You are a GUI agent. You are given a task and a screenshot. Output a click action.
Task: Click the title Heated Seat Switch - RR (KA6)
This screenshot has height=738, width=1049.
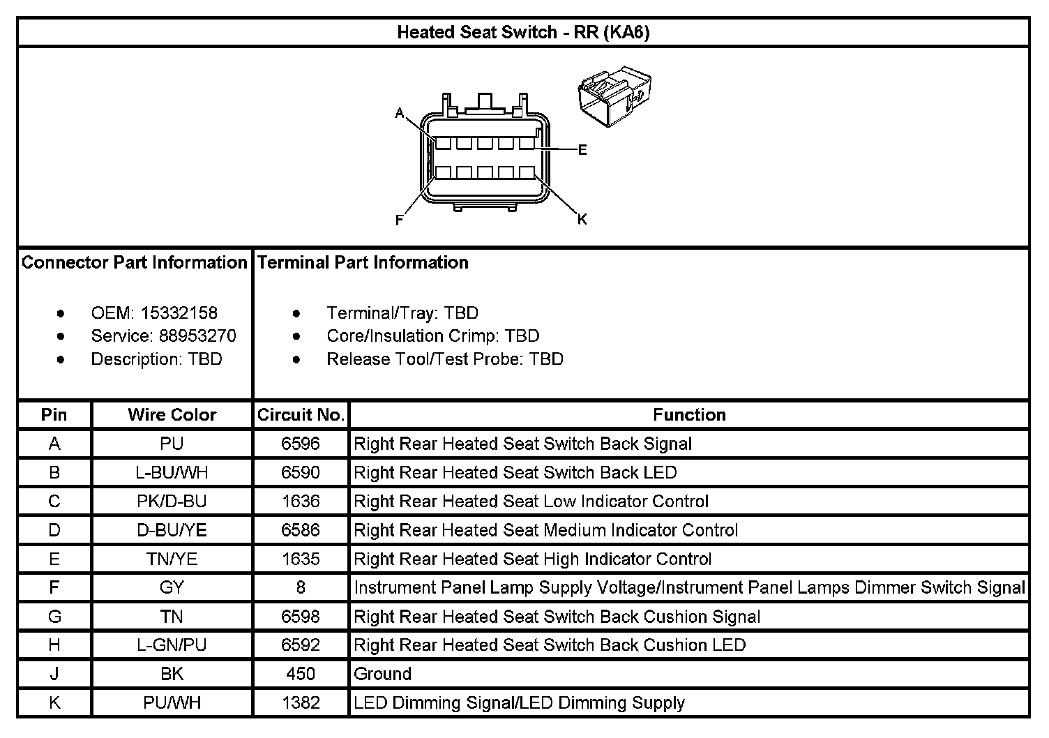tap(523, 32)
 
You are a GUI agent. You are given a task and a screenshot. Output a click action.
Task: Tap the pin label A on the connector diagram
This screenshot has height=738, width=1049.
tap(400, 113)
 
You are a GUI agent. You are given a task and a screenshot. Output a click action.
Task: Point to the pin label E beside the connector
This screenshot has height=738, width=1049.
tap(582, 150)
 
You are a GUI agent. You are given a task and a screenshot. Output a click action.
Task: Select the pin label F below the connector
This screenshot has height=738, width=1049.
tap(400, 220)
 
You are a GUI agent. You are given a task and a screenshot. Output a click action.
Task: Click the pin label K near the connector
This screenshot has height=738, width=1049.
tap(582, 220)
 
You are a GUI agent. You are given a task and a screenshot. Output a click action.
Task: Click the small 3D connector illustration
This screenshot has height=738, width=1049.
tap(614, 96)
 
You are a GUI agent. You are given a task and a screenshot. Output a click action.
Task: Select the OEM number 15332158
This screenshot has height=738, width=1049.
tap(179, 313)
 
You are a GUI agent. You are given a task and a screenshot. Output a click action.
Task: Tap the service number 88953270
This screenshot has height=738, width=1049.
tap(197, 336)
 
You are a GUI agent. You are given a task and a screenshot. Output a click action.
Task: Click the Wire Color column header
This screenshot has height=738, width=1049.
tap(172, 415)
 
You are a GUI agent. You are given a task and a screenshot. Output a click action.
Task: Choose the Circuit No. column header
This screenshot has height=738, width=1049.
tap(301, 415)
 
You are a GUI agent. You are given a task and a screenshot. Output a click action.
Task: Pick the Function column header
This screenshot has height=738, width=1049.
tap(689, 415)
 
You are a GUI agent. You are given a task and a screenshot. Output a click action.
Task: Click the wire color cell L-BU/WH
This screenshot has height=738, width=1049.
tap(172, 473)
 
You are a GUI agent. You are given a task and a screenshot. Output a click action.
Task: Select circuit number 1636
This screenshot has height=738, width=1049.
tap(301, 502)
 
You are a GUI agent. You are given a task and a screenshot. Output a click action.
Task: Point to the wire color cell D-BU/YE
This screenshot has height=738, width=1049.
tap(172, 530)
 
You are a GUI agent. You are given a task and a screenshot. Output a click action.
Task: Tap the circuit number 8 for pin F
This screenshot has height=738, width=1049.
tap(301, 588)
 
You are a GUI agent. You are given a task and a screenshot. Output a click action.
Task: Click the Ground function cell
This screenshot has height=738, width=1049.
tap(383, 675)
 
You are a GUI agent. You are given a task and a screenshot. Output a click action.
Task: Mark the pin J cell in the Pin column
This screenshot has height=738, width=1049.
tap(54, 675)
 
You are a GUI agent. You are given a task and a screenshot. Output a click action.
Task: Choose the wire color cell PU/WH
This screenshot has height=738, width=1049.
tap(172, 703)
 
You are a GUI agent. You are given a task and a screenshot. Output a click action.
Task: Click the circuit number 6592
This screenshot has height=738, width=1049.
tap(301, 645)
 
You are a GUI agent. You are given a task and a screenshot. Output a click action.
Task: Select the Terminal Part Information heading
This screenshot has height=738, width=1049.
tap(363, 263)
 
